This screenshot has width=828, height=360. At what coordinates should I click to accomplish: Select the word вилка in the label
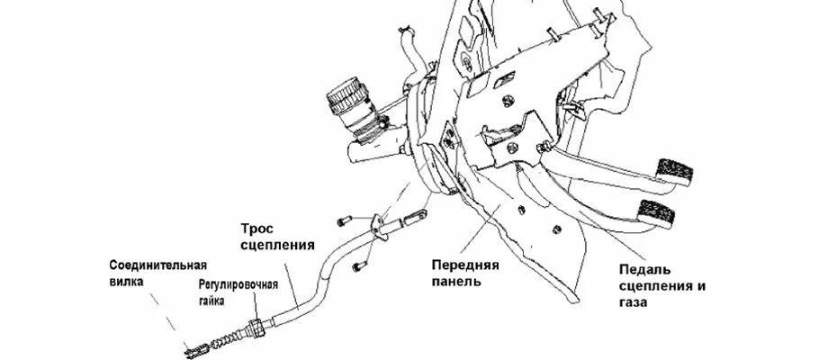click(x=126, y=281)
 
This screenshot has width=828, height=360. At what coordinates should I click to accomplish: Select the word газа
click(x=634, y=303)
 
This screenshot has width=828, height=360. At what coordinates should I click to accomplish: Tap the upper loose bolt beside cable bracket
click(x=343, y=220)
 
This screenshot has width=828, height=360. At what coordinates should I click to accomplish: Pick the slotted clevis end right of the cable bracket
click(x=416, y=219)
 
